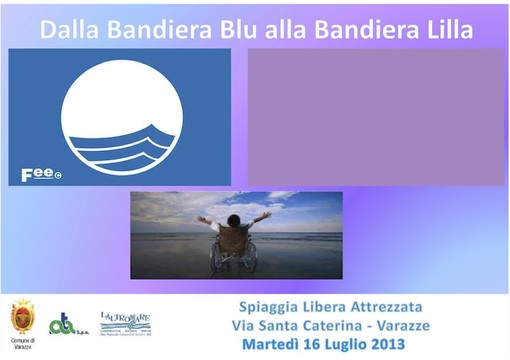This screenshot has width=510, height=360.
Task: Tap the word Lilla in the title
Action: [x=442, y=29]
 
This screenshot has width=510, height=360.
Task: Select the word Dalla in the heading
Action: [x=69, y=29]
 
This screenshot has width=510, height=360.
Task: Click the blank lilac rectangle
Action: [x=377, y=118]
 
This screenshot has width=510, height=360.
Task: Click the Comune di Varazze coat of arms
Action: [x=21, y=318]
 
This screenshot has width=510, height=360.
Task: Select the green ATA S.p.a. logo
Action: [x=64, y=323]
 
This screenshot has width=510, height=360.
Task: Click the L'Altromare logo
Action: [x=125, y=322]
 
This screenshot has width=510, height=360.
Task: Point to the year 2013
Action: [x=379, y=344]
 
